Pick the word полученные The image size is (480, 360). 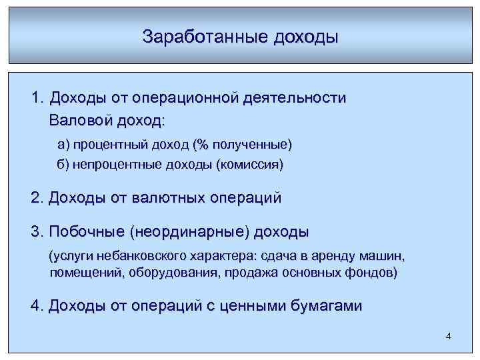tap(250, 145)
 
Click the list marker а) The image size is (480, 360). tap(63, 145)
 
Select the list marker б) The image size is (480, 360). tap(63, 165)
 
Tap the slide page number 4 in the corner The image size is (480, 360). tap(449, 336)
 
